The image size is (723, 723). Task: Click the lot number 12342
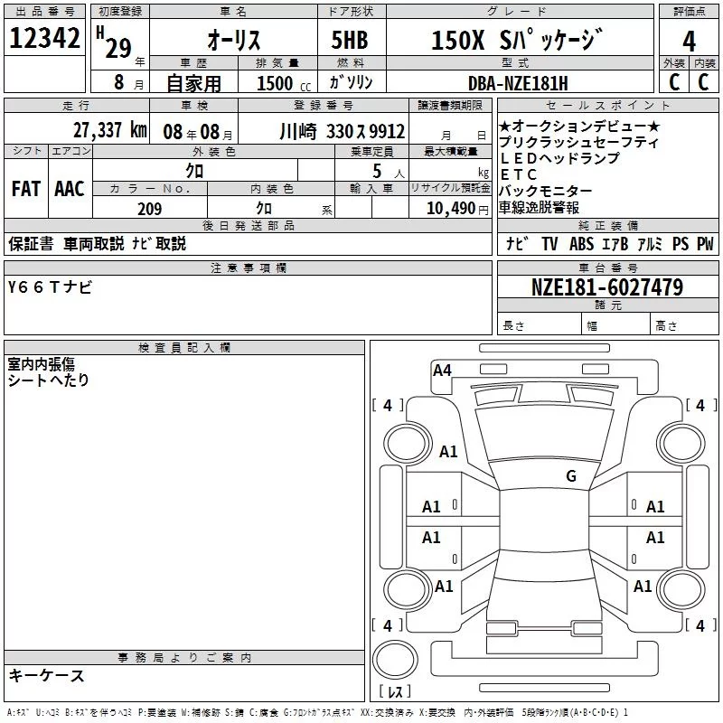[x=44, y=38]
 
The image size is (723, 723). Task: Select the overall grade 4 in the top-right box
[x=689, y=42]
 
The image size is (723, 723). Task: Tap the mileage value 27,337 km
[x=109, y=130]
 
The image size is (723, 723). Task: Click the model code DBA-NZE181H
[x=518, y=83]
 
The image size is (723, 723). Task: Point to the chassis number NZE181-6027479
[x=607, y=287]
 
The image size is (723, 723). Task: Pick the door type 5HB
[x=350, y=40]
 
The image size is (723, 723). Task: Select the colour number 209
[x=149, y=209]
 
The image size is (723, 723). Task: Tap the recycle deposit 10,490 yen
[x=457, y=209]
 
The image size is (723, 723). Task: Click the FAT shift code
[x=26, y=189]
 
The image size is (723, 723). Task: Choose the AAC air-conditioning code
[x=70, y=189]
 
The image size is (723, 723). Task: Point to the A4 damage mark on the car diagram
[x=442, y=371]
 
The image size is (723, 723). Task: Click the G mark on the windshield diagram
[x=571, y=475]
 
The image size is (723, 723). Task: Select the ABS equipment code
[x=581, y=244]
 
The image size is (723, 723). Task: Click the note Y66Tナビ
[x=50, y=287]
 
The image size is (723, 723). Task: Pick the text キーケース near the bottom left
[x=47, y=675]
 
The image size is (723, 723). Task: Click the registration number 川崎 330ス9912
[x=343, y=132]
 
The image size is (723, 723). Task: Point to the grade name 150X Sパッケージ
[x=517, y=40]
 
